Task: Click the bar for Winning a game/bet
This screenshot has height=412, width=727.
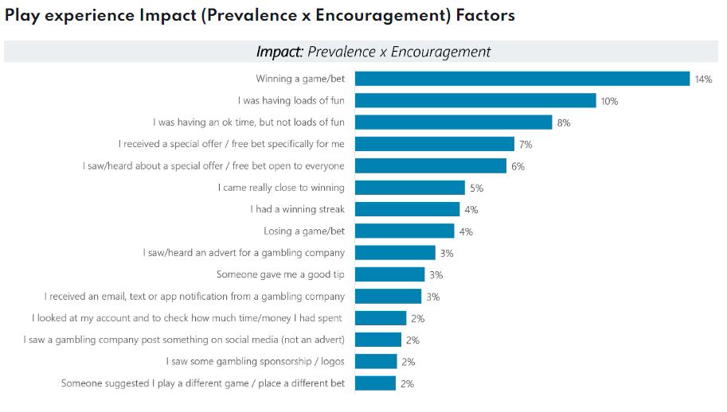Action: (x=522, y=79)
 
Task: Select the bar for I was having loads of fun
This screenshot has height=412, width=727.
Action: (x=475, y=100)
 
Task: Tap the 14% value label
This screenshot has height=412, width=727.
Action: (x=703, y=80)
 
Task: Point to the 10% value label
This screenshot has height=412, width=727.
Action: (x=610, y=101)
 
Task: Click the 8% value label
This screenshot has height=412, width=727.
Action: (x=564, y=122)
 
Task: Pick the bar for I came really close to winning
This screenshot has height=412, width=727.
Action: (x=409, y=188)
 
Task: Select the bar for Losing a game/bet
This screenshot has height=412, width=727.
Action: (x=405, y=231)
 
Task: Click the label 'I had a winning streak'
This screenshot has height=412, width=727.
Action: (x=297, y=209)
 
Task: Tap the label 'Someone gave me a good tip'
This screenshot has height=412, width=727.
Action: (x=280, y=274)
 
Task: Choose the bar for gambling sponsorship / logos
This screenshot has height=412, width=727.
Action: (x=376, y=361)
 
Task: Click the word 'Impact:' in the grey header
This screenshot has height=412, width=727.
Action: (x=279, y=52)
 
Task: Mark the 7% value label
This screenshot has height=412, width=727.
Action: (x=526, y=145)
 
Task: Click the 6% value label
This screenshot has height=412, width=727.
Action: (x=518, y=166)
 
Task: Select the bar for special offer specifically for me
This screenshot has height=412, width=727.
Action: (x=434, y=144)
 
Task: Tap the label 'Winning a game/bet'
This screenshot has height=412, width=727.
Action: (x=300, y=79)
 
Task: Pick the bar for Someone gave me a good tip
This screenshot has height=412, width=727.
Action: (x=389, y=274)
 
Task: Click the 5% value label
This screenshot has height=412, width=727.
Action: (x=476, y=189)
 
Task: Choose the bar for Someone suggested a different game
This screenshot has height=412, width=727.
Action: (x=375, y=383)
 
